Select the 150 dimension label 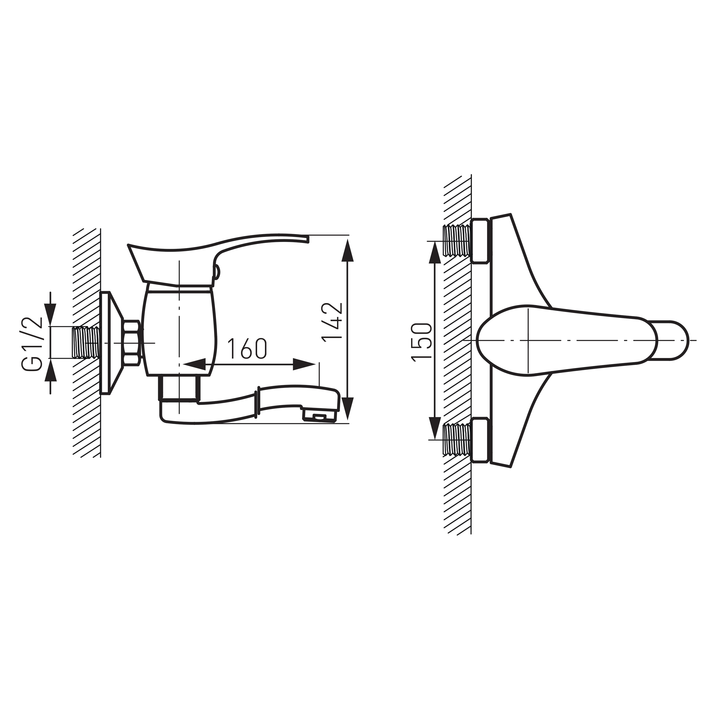tap(421, 342)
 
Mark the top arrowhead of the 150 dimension tap(435, 252)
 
